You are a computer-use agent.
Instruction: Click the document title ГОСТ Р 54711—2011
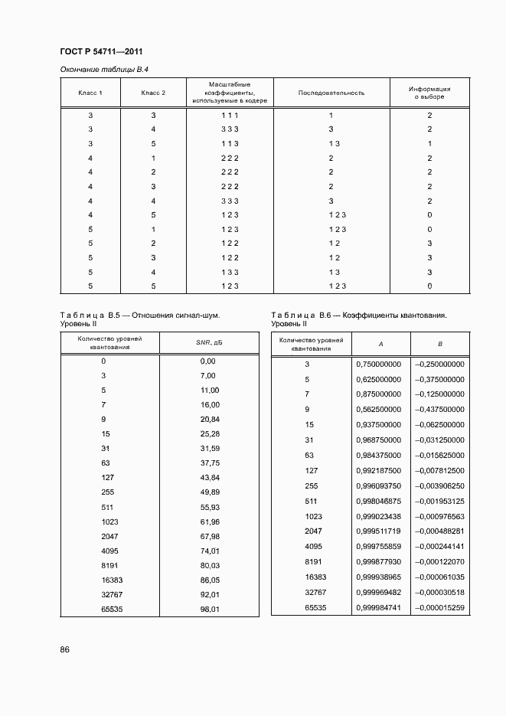coord(101,52)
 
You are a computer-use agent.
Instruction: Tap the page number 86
coord(65,649)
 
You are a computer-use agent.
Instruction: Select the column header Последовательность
coord(331,93)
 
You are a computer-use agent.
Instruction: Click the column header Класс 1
coord(90,93)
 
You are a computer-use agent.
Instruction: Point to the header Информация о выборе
coord(429,93)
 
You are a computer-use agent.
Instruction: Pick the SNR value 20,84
coord(209,420)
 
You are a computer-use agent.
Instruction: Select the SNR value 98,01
coord(209,610)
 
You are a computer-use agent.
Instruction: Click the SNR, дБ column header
coord(209,342)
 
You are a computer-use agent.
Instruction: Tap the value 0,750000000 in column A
coord(378,365)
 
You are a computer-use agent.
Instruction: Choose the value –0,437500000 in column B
coord(439,409)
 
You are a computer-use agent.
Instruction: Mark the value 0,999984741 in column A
coord(378,607)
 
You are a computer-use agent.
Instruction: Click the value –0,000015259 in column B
coord(439,607)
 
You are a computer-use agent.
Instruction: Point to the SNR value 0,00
coord(207,361)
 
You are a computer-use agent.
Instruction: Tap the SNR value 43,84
coord(209,478)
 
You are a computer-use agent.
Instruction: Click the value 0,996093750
coord(378,485)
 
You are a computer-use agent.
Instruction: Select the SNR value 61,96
coord(209,521)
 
